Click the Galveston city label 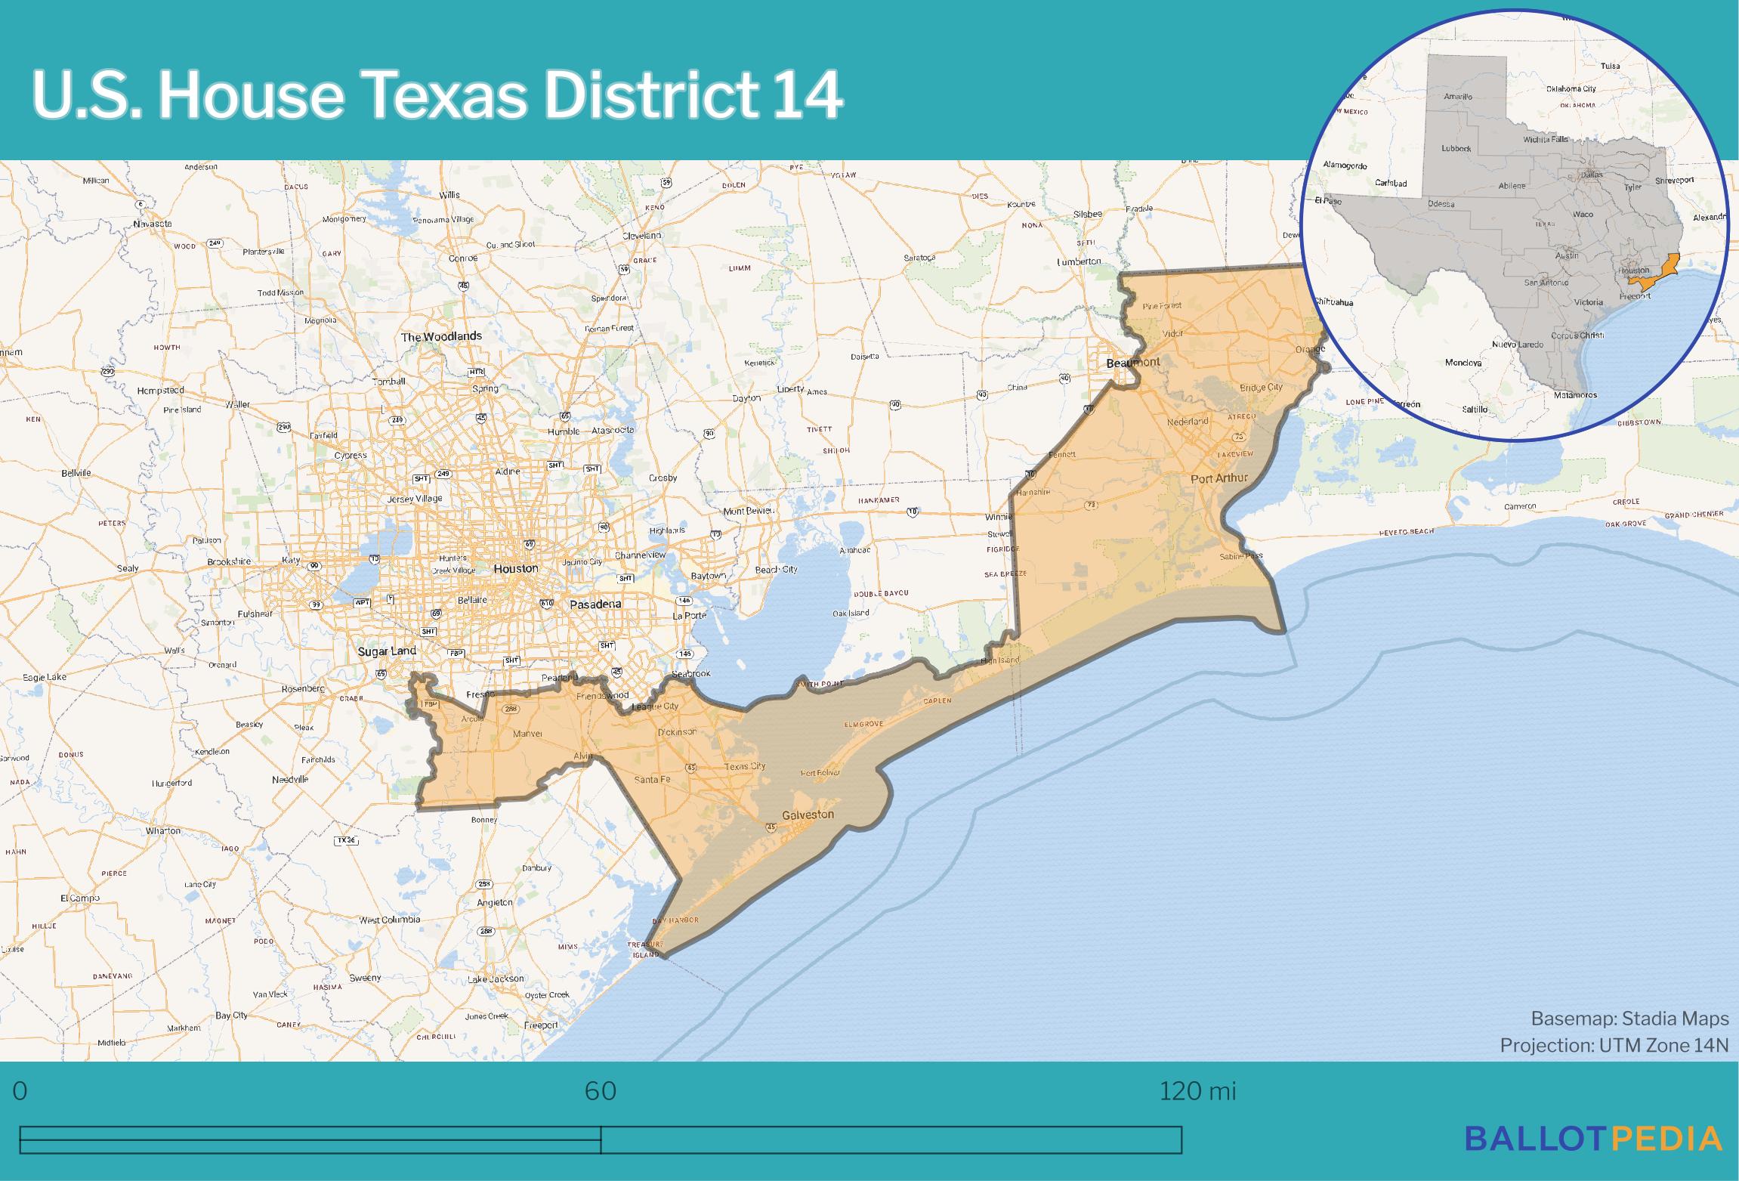[x=808, y=815]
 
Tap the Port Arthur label [x=1219, y=478]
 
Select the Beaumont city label [x=1132, y=363]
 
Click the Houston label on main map [x=516, y=568]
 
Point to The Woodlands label [x=441, y=336]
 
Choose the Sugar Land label [x=387, y=651]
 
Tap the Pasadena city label [x=595, y=604]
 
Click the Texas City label [x=745, y=766]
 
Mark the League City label [x=655, y=706]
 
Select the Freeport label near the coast [x=541, y=1025]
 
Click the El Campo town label [x=79, y=898]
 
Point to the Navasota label [x=153, y=224]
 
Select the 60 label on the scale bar [x=601, y=1092]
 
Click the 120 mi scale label [x=1197, y=1092]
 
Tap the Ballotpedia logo [x=1594, y=1138]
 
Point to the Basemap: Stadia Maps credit [x=1629, y=1019]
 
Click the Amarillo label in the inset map [x=1458, y=97]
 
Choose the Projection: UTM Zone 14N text [x=1614, y=1046]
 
